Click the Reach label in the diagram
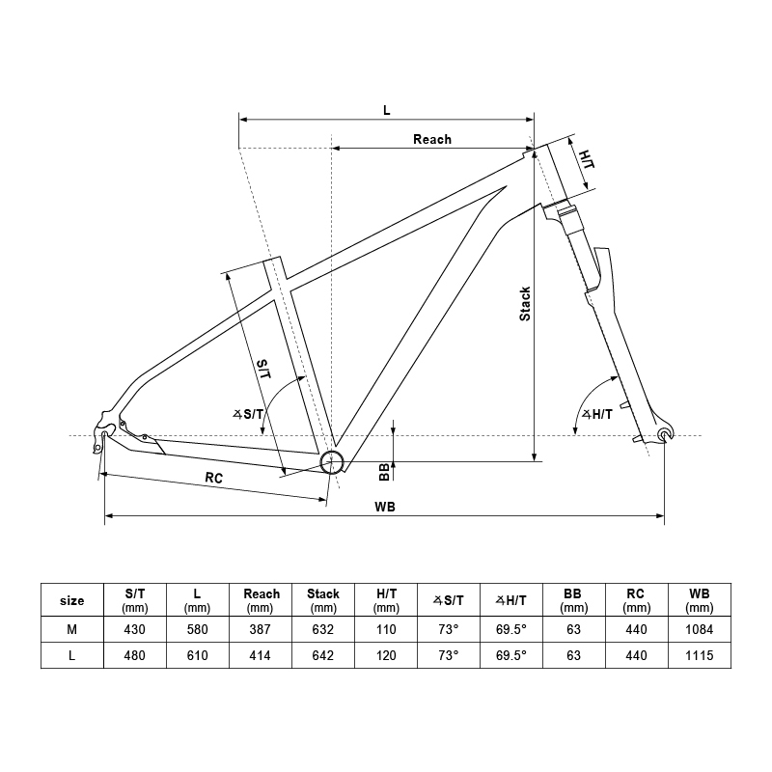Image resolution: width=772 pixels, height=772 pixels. (x=431, y=139)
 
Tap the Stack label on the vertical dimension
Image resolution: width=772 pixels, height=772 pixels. (x=525, y=303)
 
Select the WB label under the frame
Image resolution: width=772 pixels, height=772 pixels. (x=385, y=507)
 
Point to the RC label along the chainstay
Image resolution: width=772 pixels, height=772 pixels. (x=214, y=479)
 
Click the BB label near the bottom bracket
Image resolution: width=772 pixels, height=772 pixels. (x=383, y=470)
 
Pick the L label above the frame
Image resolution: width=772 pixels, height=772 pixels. (x=386, y=110)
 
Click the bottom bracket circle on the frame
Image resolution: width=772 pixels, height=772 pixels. (x=332, y=462)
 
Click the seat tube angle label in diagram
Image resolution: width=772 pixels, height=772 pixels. (x=248, y=414)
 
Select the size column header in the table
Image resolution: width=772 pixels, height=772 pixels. (x=71, y=600)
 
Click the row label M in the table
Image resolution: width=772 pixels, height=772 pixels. (x=71, y=629)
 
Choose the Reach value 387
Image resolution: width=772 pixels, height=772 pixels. (x=261, y=629)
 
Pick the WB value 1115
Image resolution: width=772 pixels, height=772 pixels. (x=699, y=655)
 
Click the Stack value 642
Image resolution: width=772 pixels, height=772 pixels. (x=323, y=655)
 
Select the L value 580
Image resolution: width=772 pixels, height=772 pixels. (x=197, y=629)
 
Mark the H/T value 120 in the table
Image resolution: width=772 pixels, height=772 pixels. (x=386, y=655)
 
